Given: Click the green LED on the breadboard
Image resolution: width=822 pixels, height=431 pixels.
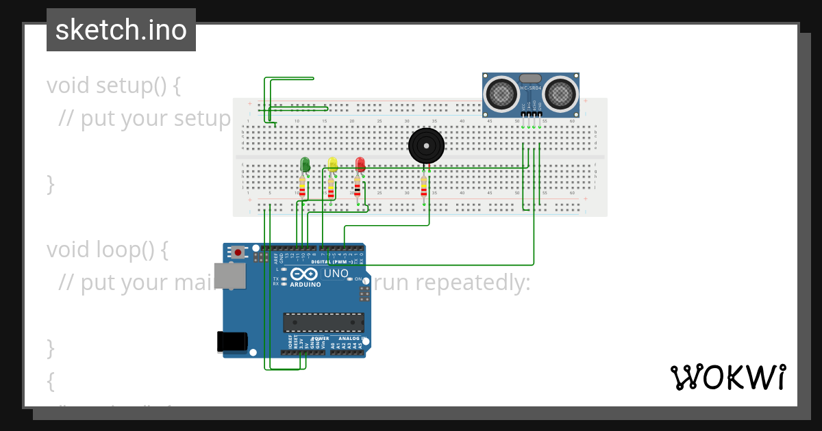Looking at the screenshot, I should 305,165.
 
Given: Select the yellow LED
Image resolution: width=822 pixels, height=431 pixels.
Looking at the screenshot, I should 332,164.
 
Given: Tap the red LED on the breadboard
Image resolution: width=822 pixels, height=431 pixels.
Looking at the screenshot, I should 360,164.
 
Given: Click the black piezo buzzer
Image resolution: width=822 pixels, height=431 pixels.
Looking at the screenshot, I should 426,145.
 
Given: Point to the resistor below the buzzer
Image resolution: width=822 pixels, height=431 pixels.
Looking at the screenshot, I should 424,186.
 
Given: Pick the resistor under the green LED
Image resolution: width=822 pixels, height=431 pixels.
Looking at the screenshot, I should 302,186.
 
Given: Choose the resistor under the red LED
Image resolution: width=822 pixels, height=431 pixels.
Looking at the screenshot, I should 357,186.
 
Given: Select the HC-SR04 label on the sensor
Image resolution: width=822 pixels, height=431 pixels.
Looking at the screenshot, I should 531,88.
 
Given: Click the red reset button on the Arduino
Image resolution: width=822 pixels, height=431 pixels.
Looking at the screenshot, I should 238,252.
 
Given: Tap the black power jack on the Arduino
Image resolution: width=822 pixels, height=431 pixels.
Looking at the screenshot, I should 232,341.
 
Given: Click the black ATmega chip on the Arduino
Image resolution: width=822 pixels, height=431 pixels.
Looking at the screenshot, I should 323,323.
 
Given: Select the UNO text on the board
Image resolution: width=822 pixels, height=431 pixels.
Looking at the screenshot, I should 336,274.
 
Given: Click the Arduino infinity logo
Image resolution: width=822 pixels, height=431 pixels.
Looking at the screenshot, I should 305,274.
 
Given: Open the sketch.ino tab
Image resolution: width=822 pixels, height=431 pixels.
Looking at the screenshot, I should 121,30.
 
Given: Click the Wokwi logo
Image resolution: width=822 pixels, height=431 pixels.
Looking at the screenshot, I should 727,378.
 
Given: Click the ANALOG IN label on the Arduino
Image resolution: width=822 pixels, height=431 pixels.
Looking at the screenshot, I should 349,339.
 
